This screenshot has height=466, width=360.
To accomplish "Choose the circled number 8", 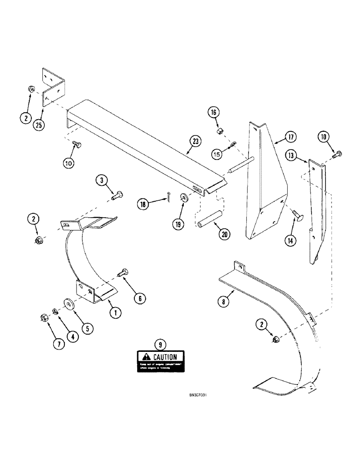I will (225, 301).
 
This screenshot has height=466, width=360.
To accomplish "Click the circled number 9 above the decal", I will (160, 345).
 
